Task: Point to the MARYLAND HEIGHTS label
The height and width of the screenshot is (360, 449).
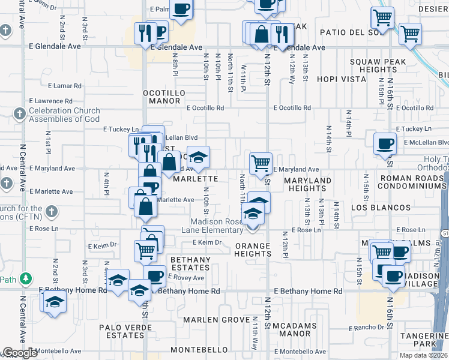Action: pos(307,184)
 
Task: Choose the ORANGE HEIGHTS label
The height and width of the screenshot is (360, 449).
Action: pos(253,250)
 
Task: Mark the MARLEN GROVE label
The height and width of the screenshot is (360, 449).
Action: pos(215,320)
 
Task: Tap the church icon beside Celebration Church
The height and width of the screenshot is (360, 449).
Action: pos(19,113)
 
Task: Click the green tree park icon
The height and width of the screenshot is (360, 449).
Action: pos(25,278)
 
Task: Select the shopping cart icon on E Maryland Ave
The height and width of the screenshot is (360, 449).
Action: pos(261,163)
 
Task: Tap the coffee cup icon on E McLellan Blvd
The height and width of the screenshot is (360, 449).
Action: pos(384,143)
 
